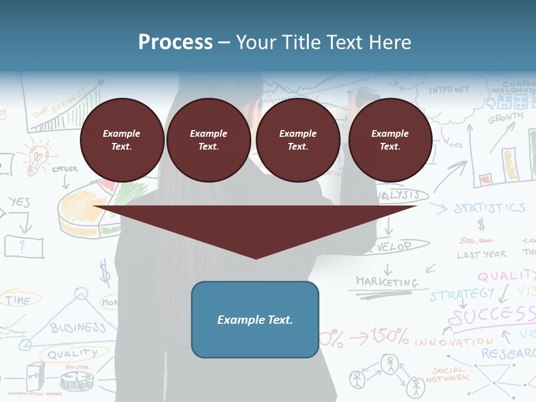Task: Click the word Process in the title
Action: [x=175, y=42]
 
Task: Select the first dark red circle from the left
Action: [x=122, y=140]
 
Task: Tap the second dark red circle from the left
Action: [x=209, y=140]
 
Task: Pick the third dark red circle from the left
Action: [x=298, y=140]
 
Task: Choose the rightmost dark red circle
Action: [x=390, y=140]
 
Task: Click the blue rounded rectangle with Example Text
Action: [x=255, y=319]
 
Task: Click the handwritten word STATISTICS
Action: [x=489, y=208]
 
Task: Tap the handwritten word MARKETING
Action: [x=387, y=281]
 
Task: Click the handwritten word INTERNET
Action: [x=449, y=90]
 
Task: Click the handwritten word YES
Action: [x=19, y=202]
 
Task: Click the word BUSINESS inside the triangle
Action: [x=78, y=327]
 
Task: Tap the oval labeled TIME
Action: [x=18, y=300]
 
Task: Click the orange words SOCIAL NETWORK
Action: [x=447, y=374]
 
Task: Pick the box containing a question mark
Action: [x=23, y=246]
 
